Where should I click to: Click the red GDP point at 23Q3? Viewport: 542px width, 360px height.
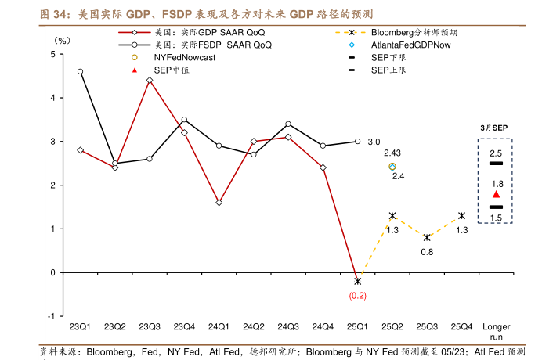[150, 80]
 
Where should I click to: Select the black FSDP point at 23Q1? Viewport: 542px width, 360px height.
[81, 71]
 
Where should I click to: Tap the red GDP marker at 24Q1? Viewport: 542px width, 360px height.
[219, 202]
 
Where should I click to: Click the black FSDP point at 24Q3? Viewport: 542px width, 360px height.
[288, 124]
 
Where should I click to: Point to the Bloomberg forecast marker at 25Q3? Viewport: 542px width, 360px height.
[427, 237]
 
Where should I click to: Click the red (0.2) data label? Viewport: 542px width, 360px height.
[357, 296]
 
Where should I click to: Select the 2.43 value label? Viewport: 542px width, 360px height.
[392, 153]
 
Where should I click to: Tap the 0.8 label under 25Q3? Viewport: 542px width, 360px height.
[427, 252]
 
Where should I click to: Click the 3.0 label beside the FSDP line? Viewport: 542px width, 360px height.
[374, 142]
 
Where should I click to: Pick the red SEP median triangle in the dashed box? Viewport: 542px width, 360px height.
[496, 194]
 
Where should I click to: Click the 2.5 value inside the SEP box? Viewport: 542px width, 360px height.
[496, 153]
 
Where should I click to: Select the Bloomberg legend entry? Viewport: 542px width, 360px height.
[414, 32]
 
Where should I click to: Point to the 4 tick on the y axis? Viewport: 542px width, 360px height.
[52, 98]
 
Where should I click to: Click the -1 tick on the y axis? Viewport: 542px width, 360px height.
[50, 315]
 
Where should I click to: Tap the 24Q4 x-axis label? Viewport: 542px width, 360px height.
[323, 326]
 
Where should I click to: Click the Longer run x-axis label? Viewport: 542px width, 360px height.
[496, 331]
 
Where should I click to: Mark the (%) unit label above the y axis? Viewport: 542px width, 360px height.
[61, 39]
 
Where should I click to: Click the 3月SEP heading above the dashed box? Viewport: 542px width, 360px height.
[495, 127]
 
